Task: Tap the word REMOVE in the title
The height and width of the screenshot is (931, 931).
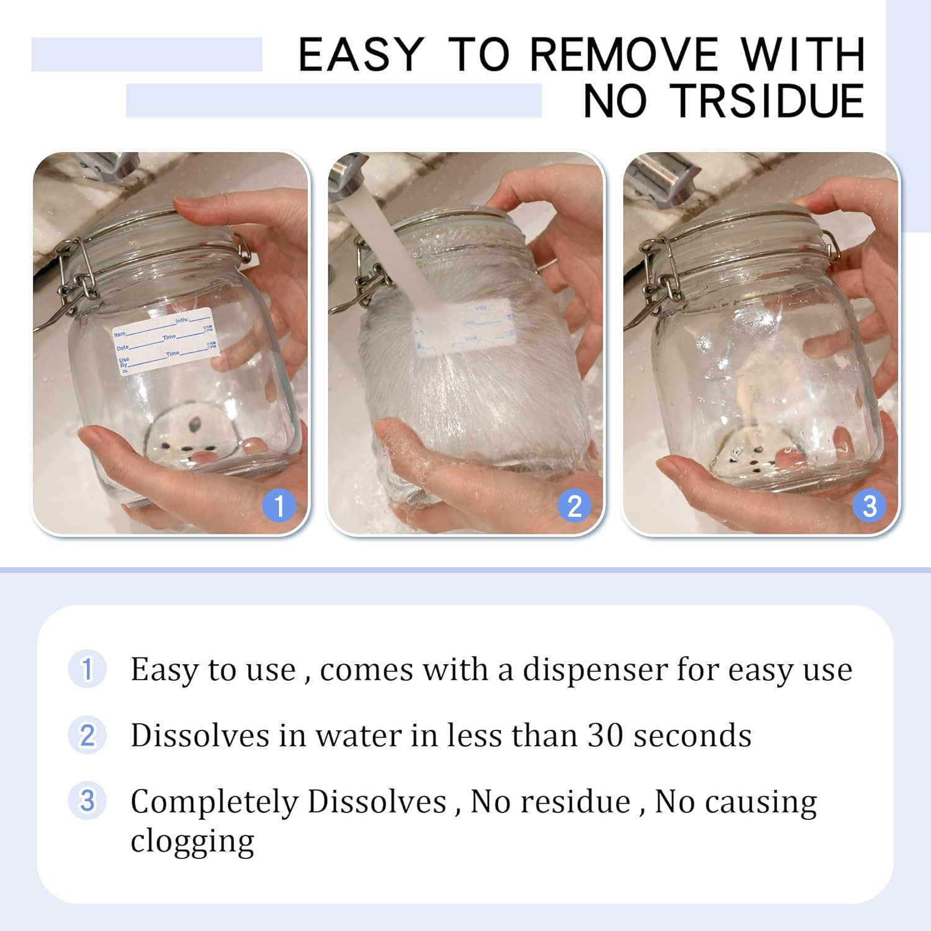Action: coord(623,55)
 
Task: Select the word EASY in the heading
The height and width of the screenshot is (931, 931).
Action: coord(361,55)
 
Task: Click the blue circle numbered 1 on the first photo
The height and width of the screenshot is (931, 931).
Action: coord(279,506)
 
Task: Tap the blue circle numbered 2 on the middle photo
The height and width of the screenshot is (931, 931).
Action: coord(575,506)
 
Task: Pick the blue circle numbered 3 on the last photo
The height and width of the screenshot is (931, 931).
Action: coord(870,506)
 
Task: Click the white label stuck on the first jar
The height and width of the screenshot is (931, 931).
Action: coord(164,341)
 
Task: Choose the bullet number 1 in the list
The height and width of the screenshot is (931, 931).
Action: coord(87,669)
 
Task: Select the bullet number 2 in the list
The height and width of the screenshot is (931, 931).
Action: coord(87,735)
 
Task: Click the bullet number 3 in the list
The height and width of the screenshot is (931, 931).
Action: coord(87,801)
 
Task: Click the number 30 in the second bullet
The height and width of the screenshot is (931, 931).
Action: coord(605,735)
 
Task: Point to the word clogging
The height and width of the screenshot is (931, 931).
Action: coord(192,842)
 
